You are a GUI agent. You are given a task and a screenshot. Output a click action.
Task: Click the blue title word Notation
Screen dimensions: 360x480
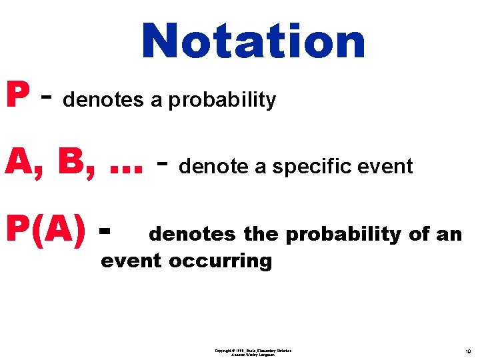(x=253, y=41)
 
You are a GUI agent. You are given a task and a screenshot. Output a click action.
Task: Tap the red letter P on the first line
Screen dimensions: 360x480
(x=17, y=96)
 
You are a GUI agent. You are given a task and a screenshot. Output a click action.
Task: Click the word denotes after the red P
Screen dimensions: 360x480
(x=103, y=100)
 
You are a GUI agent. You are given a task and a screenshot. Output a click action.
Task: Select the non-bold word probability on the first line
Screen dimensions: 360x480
(x=222, y=101)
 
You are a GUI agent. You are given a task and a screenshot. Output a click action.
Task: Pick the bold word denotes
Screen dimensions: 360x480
(x=192, y=234)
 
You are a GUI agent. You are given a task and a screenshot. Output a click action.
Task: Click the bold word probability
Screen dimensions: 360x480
(x=343, y=235)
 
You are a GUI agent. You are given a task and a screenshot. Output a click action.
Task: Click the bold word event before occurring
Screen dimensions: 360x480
(x=131, y=260)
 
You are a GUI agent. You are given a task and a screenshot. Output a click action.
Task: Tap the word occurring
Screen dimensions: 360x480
(x=221, y=261)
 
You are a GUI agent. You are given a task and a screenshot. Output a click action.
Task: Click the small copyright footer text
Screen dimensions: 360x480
(x=253, y=352)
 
